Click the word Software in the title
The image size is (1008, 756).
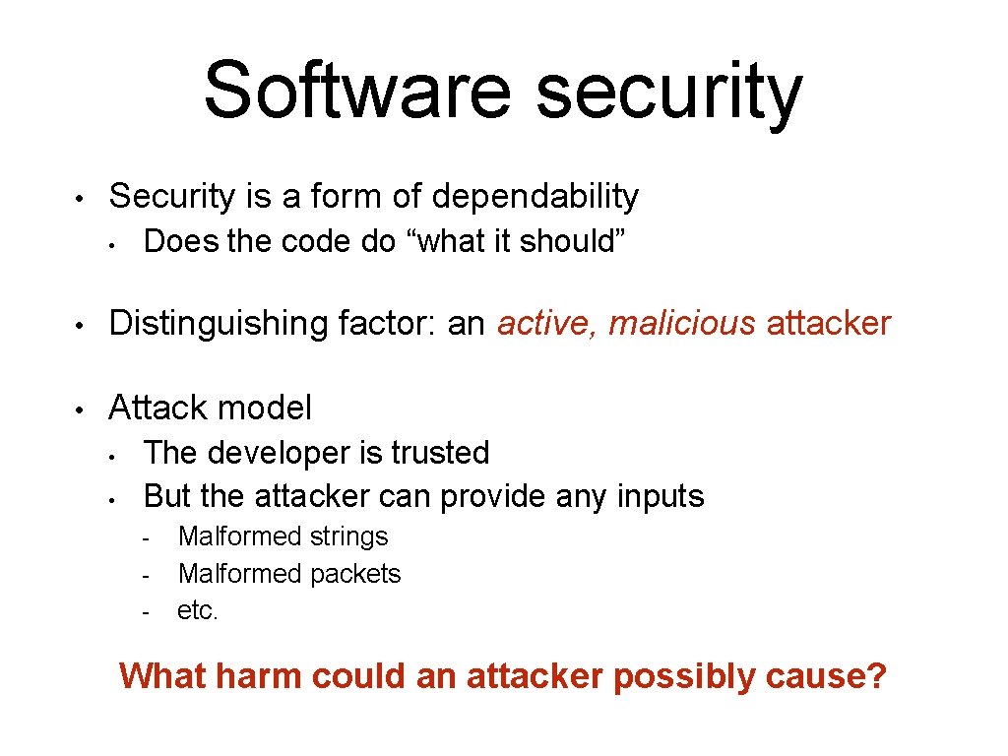[357, 91]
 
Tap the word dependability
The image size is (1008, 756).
[535, 197]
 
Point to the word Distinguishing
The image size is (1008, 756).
[222, 323]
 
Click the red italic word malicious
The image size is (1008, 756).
[682, 323]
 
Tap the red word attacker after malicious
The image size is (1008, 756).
[828, 323]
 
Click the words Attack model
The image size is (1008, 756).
[210, 408]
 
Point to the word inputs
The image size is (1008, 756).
[659, 496]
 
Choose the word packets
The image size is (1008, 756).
[355, 573]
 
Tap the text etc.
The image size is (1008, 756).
[198, 610]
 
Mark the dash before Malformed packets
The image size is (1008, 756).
[145, 576]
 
